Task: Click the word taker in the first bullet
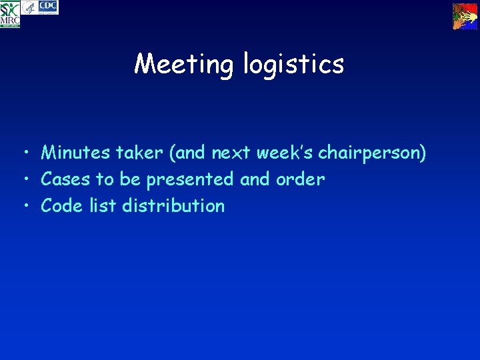(139, 153)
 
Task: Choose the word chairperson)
(372, 153)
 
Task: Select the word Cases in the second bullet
(65, 179)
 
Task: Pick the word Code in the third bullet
(62, 206)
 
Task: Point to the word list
(103, 206)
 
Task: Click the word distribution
(173, 206)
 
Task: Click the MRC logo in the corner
(10, 14)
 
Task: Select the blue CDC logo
(49, 7)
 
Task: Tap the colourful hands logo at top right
(465, 16)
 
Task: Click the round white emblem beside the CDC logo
(29, 7)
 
